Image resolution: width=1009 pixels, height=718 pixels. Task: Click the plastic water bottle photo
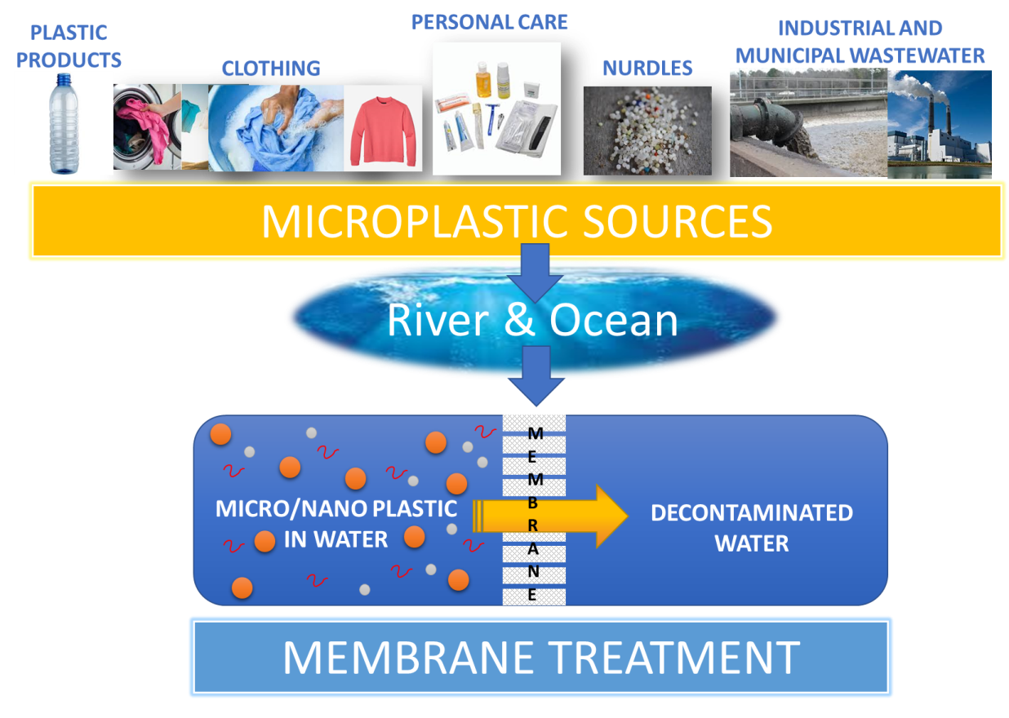pos(64,122)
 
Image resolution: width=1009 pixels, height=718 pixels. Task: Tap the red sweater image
pos(384,128)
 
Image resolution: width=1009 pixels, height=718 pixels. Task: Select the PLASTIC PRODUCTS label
pos(69,47)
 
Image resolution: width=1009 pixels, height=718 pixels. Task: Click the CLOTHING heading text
pos(271,69)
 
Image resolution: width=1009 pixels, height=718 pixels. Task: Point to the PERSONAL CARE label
pos(490,21)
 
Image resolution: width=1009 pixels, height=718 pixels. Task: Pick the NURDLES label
pos(647,69)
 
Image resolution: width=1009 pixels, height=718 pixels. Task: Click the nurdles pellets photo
pos(647,131)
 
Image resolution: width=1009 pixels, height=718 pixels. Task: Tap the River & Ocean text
pos(532,321)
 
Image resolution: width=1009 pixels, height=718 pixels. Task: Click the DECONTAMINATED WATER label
pos(751,527)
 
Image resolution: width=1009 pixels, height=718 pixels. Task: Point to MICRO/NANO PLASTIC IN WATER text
pos(336,523)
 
